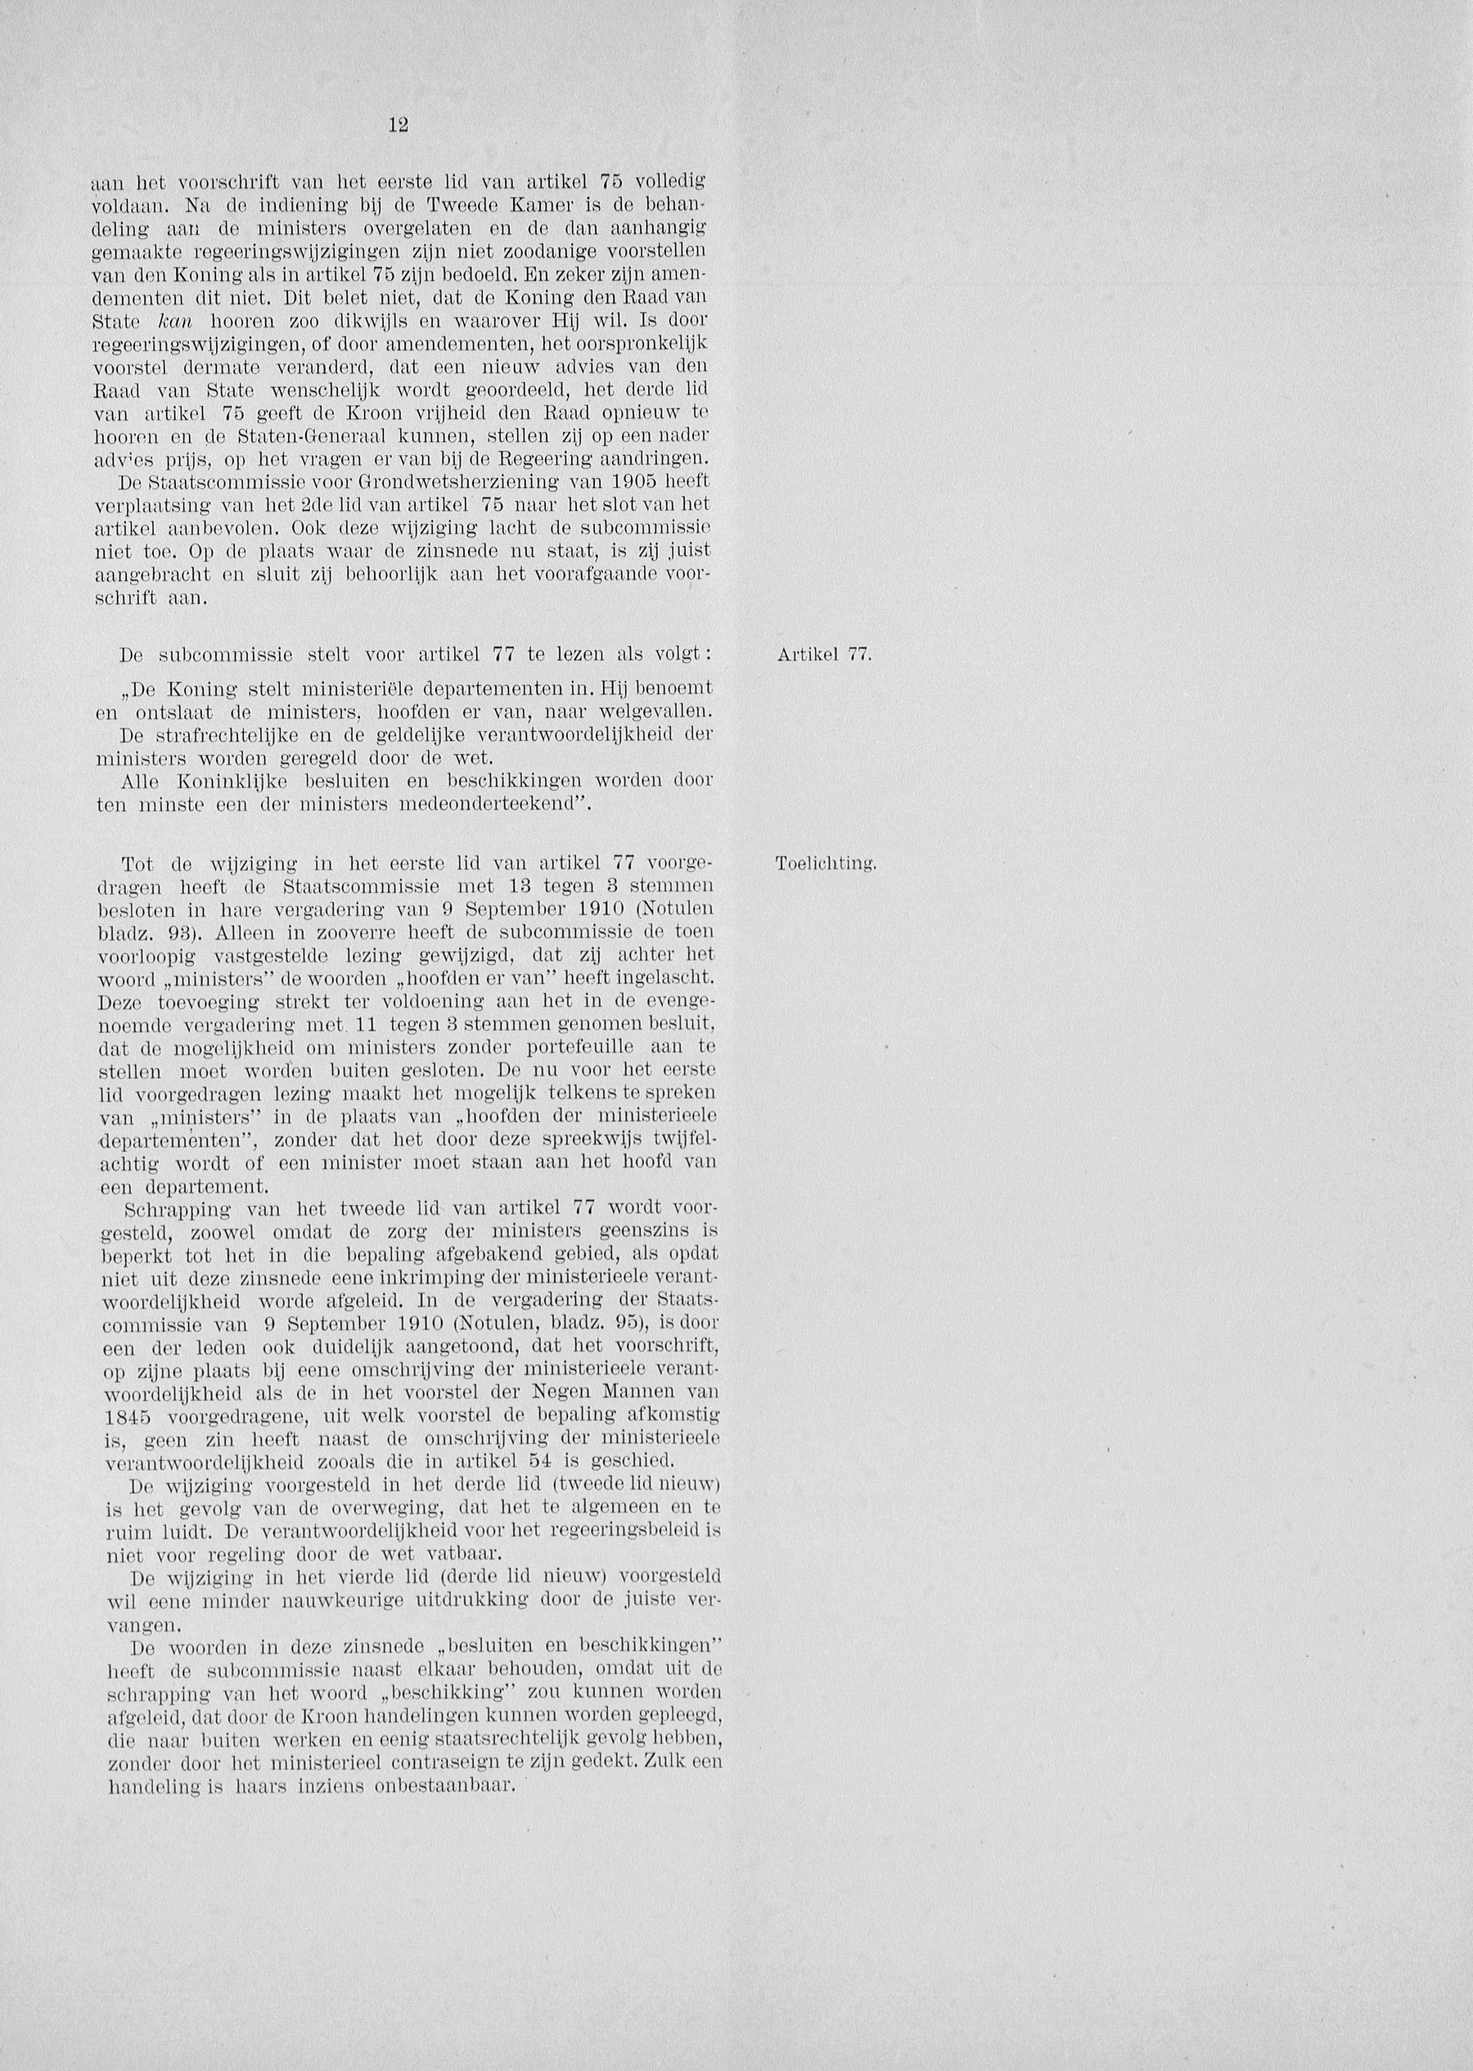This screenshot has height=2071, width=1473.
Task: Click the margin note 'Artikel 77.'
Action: (823, 655)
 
